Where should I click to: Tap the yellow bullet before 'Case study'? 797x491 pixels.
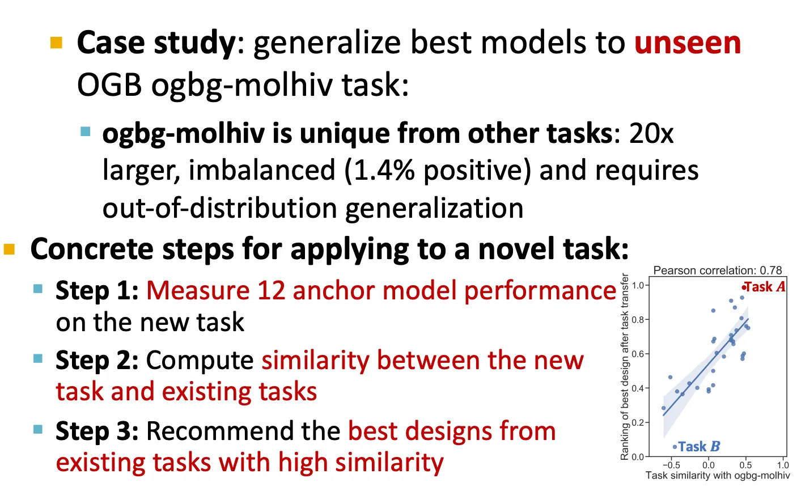[57, 43]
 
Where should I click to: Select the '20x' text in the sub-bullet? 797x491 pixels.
[651, 134]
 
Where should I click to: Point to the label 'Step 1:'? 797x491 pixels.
[97, 291]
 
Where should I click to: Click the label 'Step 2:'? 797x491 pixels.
[97, 361]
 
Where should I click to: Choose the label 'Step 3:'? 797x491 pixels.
[97, 431]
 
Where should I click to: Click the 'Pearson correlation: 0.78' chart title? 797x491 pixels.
[718, 270]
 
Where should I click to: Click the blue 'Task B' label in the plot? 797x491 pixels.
[699, 447]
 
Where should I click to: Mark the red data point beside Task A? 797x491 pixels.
[743, 287]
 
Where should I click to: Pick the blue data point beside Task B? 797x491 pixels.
[675, 447]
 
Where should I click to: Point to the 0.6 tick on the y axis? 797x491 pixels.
[638, 354]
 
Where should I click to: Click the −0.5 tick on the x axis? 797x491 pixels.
[671, 465]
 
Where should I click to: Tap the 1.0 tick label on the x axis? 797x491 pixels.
[783, 465]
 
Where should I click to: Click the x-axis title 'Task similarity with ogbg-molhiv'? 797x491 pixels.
[718, 476]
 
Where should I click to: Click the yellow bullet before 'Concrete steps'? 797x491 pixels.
[9, 249]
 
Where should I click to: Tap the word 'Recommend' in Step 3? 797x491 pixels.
[243, 431]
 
